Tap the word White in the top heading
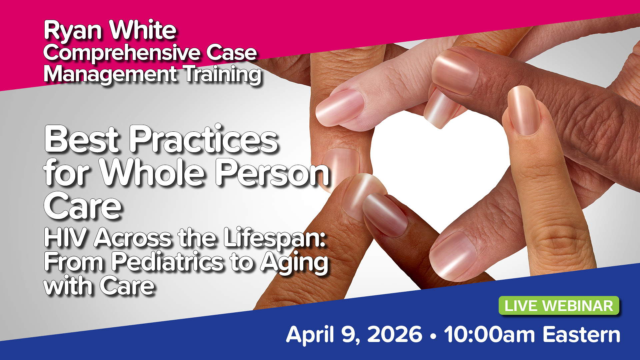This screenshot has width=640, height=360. tap(143, 30)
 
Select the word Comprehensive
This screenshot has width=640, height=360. tap(121, 54)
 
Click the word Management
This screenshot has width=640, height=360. tap(110, 75)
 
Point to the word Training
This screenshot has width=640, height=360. tap(223, 75)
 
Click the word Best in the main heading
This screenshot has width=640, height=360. tap(82, 139)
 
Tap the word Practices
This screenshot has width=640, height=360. tap(204, 139)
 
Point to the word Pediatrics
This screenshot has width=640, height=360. tap(167, 262)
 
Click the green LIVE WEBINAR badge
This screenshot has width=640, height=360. tap(559, 306)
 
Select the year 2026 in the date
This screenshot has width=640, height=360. tap(395, 335)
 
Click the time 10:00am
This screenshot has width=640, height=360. tap(489, 335)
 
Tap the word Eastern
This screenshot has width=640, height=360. tap(581, 335)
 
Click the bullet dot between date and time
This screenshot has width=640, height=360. tap(433, 337)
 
